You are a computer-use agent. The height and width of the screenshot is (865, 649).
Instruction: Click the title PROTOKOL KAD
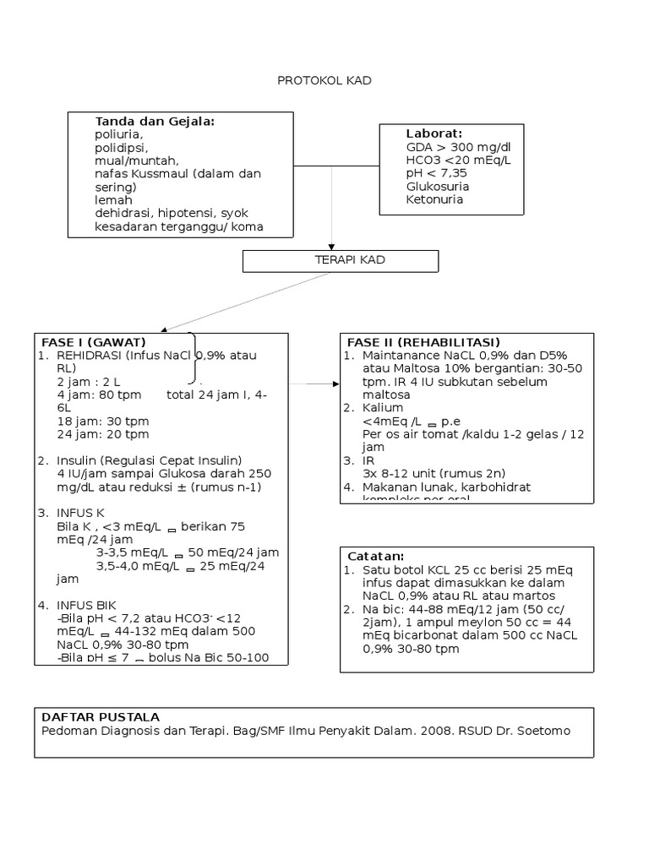(x=324, y=81)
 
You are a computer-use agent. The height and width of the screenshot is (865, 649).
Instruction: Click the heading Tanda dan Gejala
(x=155, y=122)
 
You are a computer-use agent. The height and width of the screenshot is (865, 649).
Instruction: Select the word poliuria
(x=119, y=134)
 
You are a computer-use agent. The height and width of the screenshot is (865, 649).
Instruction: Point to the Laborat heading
(x=434, y=133)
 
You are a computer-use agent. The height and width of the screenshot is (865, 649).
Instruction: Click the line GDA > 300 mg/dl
(x=458, y=147)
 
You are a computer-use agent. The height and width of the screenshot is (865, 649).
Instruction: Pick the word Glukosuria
(x=438, y=186)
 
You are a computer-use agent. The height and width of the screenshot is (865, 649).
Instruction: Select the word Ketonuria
(x=434, y=199)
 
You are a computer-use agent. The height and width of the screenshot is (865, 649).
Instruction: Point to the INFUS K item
(x=79, y=513)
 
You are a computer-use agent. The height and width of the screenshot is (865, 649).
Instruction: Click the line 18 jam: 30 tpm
(x=103, y=421)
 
